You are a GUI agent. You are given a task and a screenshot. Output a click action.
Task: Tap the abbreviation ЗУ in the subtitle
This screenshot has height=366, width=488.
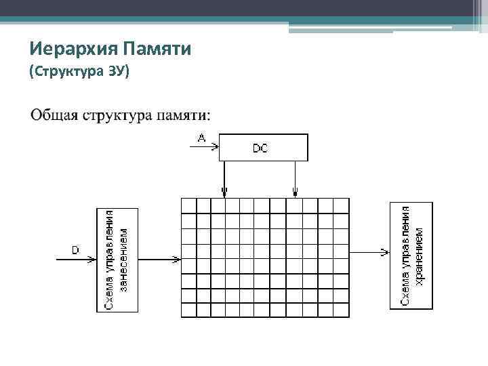[117, 71]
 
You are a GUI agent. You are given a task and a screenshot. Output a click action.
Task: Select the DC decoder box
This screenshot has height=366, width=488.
[263, 147]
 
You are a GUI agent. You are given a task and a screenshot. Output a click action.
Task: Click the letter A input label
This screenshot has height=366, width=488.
[201, 138]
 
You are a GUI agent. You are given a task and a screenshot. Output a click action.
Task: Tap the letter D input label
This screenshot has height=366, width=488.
[75, 250]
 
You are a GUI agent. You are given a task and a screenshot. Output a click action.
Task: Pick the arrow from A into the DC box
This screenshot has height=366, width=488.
[207, 144]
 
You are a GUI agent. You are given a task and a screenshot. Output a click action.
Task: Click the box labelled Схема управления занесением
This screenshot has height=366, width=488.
[117, 260]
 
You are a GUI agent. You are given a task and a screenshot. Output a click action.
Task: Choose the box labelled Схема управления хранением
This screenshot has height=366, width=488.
[411, 256]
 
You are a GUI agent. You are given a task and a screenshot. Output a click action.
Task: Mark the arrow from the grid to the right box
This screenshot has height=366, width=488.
[369, 253]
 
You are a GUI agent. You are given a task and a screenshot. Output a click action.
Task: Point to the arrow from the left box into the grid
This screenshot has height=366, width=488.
[159, 258]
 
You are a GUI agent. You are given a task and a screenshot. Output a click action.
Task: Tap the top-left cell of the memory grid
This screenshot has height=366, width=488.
[188, 205]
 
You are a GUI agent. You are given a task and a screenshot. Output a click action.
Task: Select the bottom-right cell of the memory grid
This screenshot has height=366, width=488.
[341, 310]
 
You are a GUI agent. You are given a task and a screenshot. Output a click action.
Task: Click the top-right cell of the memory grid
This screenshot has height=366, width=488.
[341, 205]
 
